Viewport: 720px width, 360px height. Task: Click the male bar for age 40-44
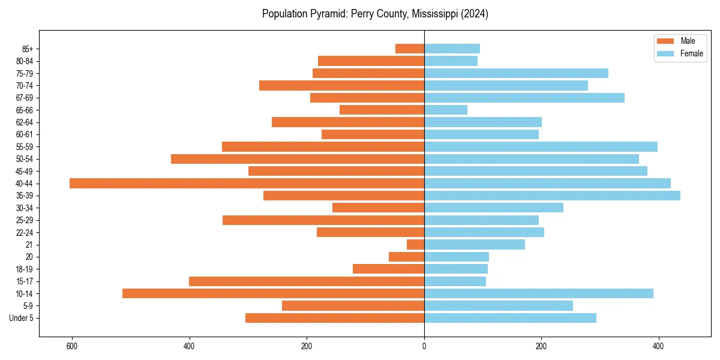[x=247, y=184]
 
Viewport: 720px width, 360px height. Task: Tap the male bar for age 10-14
[x=273, y=293]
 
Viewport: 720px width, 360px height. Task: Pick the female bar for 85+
[x=452, y=49]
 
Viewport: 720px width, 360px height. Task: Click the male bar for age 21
[x=415, y=245]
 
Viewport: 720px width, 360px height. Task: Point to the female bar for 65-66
[x=445, y=110]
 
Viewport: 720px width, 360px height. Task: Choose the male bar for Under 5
[x=334, y=318]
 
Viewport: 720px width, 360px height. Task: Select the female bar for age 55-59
[x=541, y=147]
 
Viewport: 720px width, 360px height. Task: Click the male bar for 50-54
[x=297, y=159]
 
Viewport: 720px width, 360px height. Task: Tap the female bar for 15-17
[x=455, y=281]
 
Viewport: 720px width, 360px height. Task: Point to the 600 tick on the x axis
[x=72, y=346]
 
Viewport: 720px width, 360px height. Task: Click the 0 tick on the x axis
[x=424, y=346]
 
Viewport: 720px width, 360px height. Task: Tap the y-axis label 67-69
[x=25, y=98]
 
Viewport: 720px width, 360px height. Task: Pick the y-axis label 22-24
[x=25, y=233]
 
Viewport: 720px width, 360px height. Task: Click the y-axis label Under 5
[x=22, y=318]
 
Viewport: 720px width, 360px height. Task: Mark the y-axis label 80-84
[x=25, y=61]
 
